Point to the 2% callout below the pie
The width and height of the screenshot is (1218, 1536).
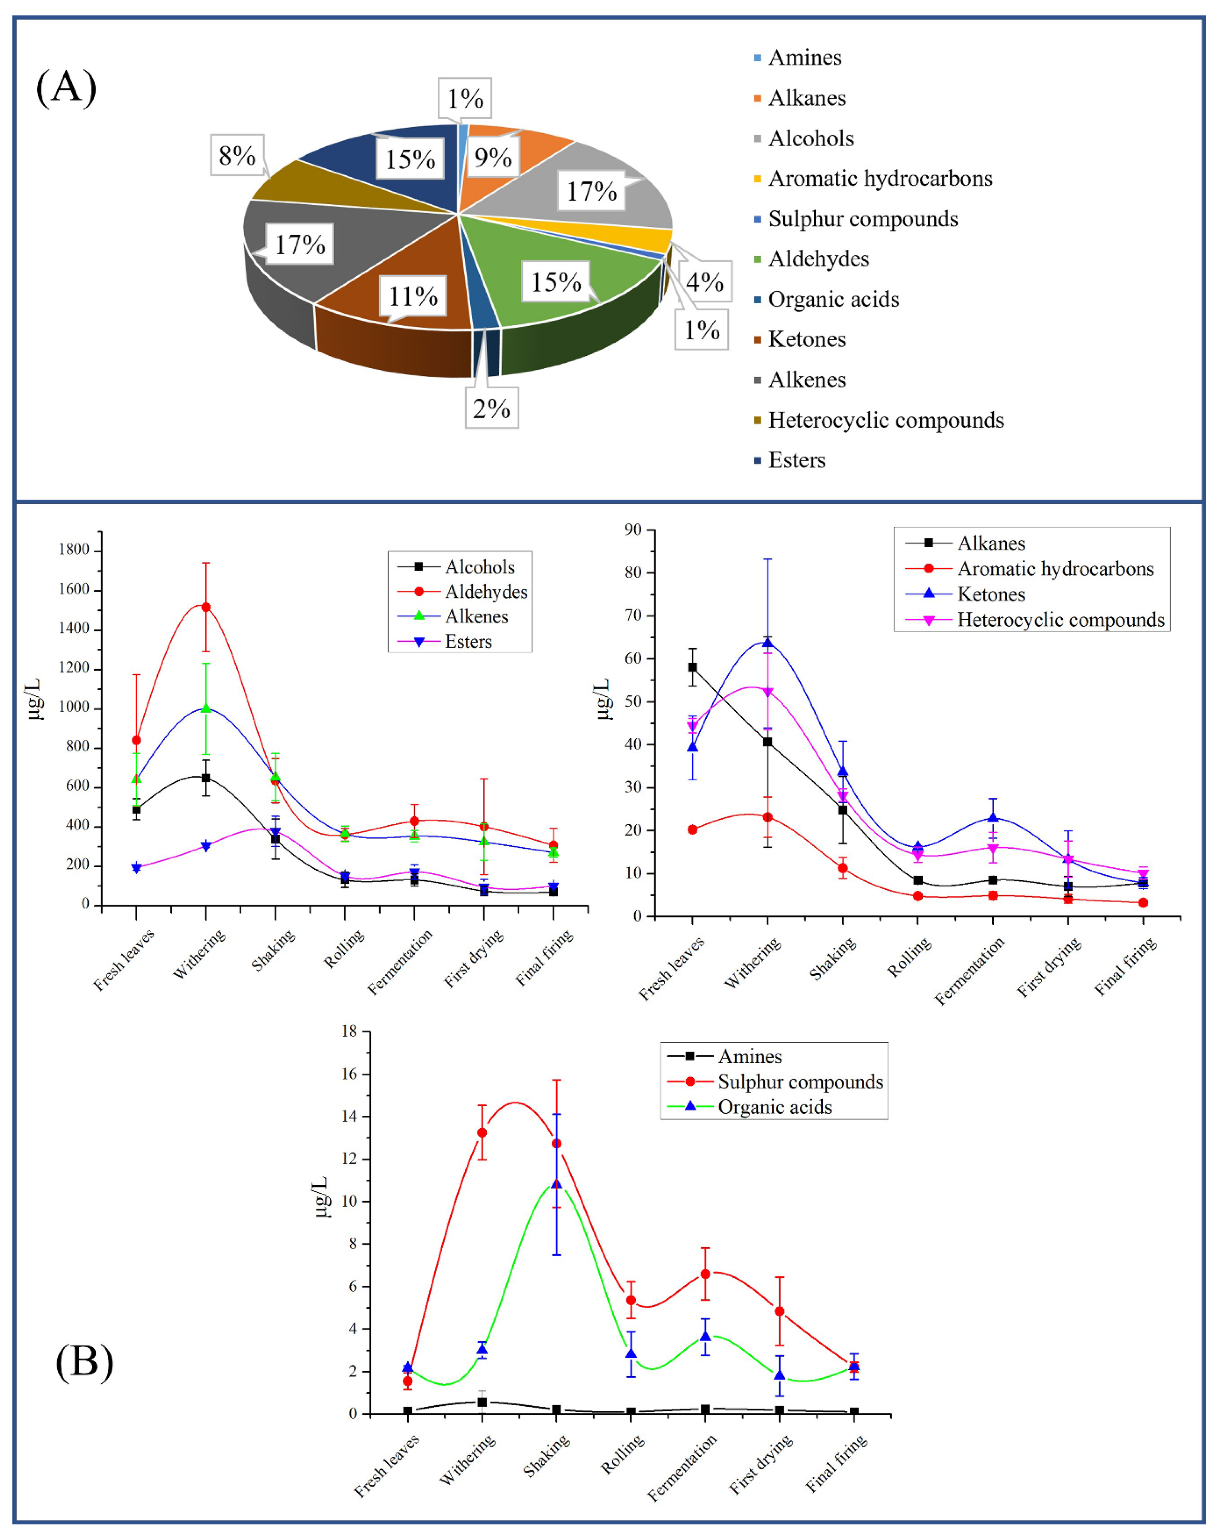click(491, 408)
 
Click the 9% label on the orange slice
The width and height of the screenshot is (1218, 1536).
click(493, 157)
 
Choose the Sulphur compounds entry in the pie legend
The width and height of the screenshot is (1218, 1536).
click(862, 219)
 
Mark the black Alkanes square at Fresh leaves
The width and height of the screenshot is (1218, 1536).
click(692, 667)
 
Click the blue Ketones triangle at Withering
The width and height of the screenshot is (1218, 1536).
click(767, 643)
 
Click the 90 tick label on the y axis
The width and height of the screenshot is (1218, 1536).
click(633, 529)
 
